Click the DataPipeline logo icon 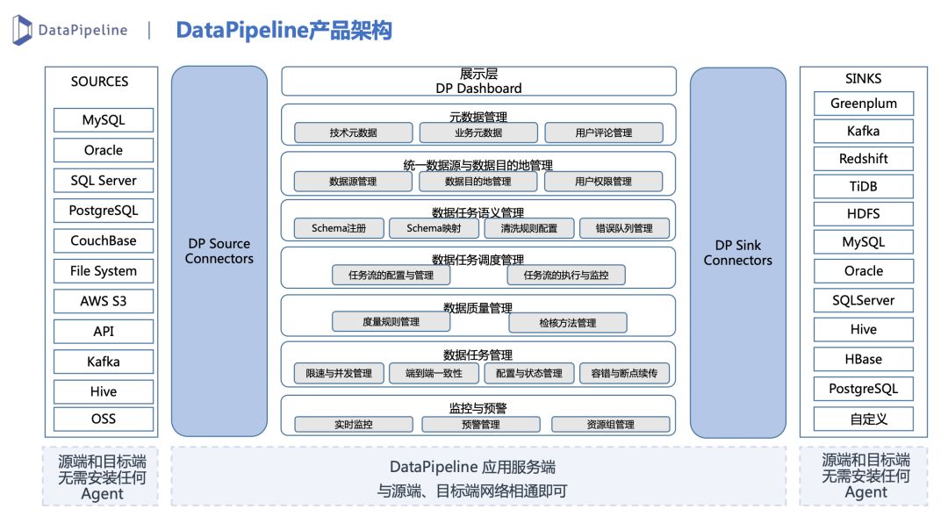click(x=22, y=30)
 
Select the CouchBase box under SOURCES click(x=104, y=240)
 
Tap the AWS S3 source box click(x=104, y=301)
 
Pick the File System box click(x=104, y=270)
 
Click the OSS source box click(x=104, y=419)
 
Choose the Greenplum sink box click(x=864, y=104)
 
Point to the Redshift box click(x=864, y=158)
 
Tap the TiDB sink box click(x=864, y=186)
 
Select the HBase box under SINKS click(x=864, y=359)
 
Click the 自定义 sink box click(x=864, y=419)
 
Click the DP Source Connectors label click(x=219, y=251)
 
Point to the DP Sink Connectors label click(x=738, y=253)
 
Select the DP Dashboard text click(x=479, y=89)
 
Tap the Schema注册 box click(x=339, y=228)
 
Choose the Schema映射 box click(x=434, y=228)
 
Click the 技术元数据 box click(x=354, y=133)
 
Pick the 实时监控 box click(x=354, y=424)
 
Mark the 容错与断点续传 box click(x=625, y=374)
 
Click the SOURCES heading click(x=100, y=82)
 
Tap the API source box click(x=104, y=331)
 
